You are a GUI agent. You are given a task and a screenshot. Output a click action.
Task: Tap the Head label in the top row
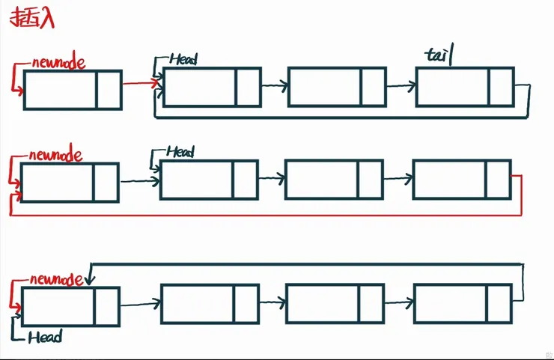[183, 58]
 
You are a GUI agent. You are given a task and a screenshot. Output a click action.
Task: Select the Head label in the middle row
[180, 152]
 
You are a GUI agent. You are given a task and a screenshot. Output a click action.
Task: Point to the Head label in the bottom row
[45, 338]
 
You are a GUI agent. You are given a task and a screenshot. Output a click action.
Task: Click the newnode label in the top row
[58, 63]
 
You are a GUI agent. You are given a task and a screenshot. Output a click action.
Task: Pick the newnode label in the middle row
[55, 156]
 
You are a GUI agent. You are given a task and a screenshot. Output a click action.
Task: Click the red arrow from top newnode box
[138, 84]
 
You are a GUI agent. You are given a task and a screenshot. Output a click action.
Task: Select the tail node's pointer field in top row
[500, 87]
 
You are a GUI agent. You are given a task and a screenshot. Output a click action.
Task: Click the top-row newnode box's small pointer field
[109, 90]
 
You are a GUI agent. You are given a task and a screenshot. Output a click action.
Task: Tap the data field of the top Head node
[199, 87]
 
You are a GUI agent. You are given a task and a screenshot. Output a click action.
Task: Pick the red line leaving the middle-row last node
[520, 195]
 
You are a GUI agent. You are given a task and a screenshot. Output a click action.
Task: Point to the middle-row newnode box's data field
[57, 182]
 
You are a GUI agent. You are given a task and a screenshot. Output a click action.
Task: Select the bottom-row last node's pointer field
[500, 304]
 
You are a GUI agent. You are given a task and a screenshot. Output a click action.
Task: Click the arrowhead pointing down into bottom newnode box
[89, 281]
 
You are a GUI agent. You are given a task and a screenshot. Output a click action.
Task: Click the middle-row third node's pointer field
[370, 180]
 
